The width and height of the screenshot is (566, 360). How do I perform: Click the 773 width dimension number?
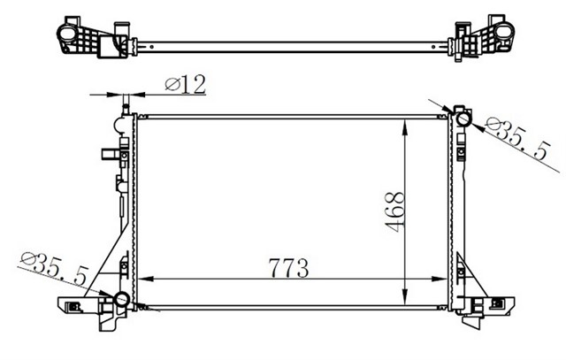pyautogui.click(x=288, y=268)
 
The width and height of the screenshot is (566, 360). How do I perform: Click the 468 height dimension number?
pyautogui.click(x=394, y=211)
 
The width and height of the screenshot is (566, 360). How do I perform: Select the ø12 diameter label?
pyautogui.click(x=185, y=85)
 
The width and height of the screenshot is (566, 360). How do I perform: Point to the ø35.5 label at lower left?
pyautogui.click(x=55, y=269)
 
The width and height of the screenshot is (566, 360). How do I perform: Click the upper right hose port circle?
pyautogui.click(x=463, y=119)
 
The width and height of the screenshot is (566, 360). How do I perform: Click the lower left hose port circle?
pyautogui.click(x=122, y=299)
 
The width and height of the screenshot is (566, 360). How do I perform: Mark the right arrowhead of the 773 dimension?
pyautogui.click(x=440, y=279)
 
